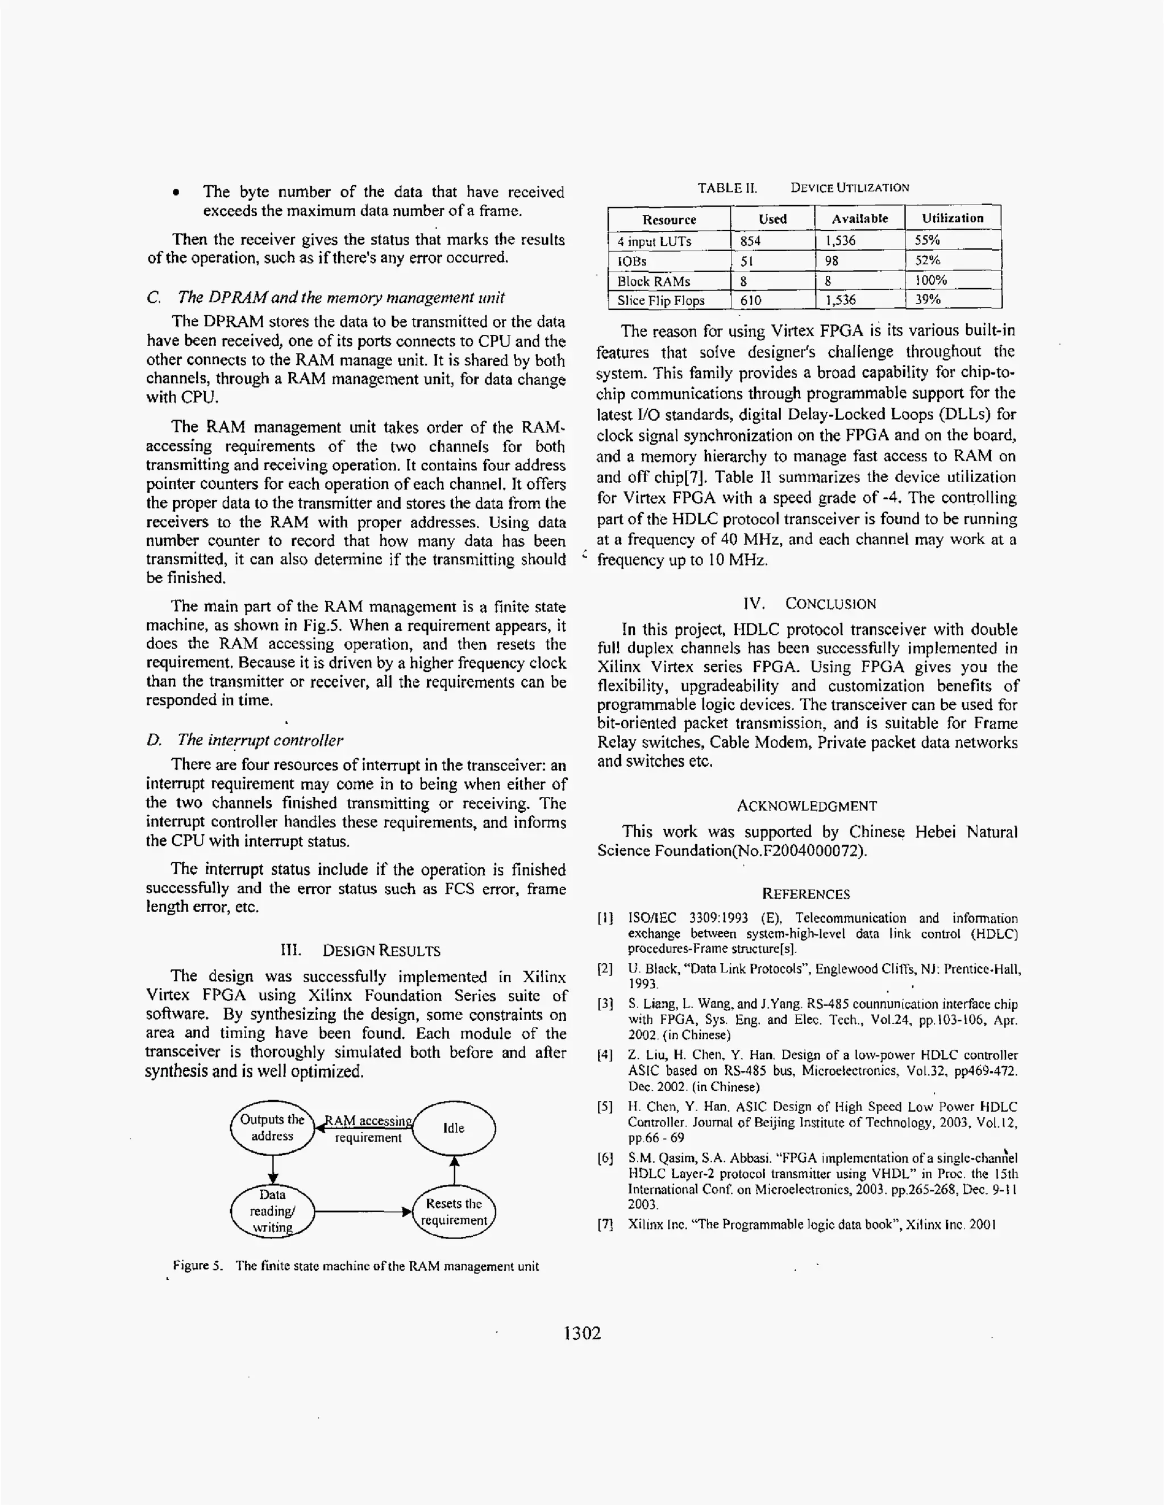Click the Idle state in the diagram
pos(454,1128)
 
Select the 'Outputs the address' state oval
pos(272,1128)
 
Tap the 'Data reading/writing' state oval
pos(272,1211)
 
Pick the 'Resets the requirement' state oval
pos(454,1211)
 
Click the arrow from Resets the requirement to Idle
pos(454,1171)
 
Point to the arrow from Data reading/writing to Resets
pos(363,1211)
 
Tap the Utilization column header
pos(953,218)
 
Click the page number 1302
pos(583,1333)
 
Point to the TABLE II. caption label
pos(726,188)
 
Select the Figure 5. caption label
pos(198,1265)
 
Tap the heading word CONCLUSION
pos(830,604)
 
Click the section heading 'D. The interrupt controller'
pos(244,740)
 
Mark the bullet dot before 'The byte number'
pos(178,193)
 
